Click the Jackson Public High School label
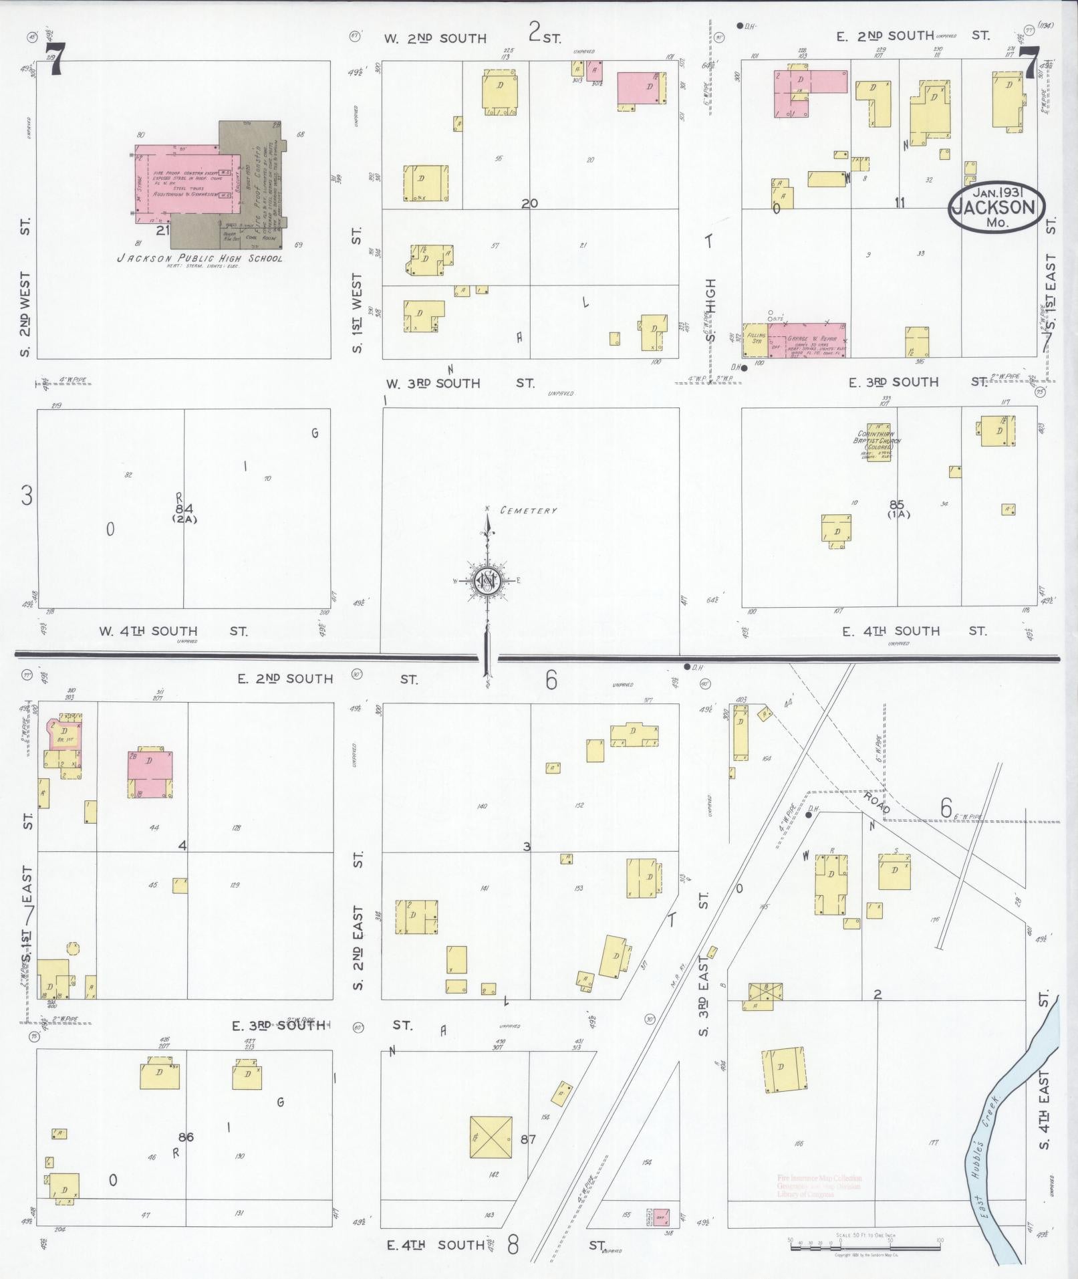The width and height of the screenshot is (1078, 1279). click(200, 258)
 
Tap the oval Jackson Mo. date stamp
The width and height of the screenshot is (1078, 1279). click(996, 207)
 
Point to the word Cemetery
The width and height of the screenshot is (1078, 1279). click(533, 511)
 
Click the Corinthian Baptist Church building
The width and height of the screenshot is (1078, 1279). click(878, 441)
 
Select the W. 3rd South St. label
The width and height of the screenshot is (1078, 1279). click(460, 384)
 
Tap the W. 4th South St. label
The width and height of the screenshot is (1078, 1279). click(173, 630)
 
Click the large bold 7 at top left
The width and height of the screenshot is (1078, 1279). click(54, 58)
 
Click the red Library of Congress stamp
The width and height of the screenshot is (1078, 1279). click(819, 1186)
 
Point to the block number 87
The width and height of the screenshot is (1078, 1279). click(528, 1139)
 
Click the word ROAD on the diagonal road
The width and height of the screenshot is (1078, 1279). click(876, 803)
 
